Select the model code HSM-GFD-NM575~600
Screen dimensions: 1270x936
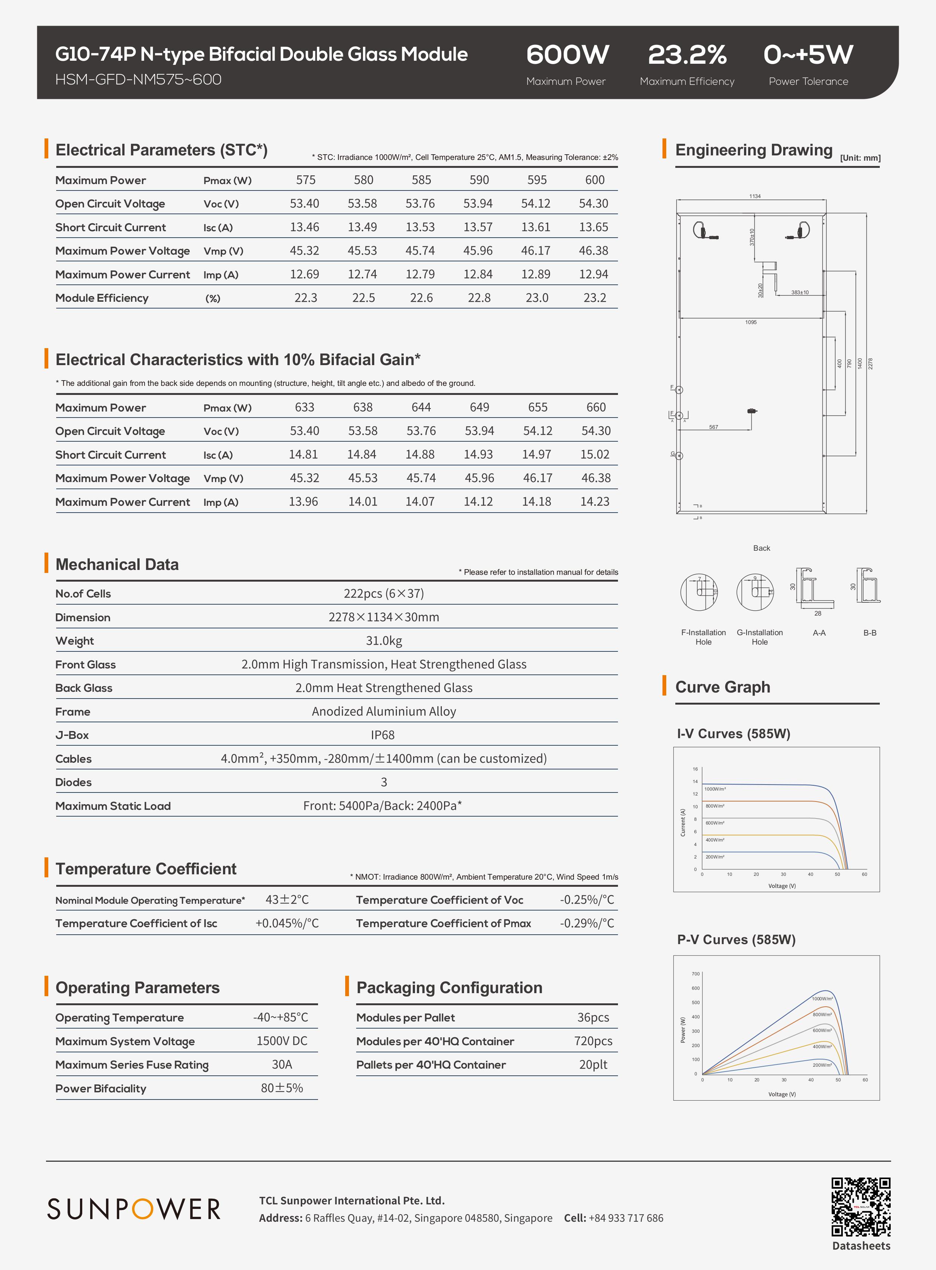pos(138,79)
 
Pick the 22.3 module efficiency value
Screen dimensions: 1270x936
pos(305,298)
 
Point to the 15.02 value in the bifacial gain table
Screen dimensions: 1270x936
pos(595,454)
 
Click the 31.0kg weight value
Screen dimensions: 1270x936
pos(384,641)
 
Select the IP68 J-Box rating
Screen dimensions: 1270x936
pos(383,735)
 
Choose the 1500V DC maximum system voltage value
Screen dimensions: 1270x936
pos(281,1041)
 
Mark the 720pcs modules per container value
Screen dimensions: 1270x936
pos(593,1041)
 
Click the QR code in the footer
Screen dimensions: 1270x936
pos(860,1207)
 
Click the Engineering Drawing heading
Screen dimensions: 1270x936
pos(753,150)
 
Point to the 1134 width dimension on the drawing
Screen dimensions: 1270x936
pos(755,196)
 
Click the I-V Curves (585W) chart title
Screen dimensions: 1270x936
pos(733,734)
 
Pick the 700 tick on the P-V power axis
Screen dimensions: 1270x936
pos(695,974)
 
